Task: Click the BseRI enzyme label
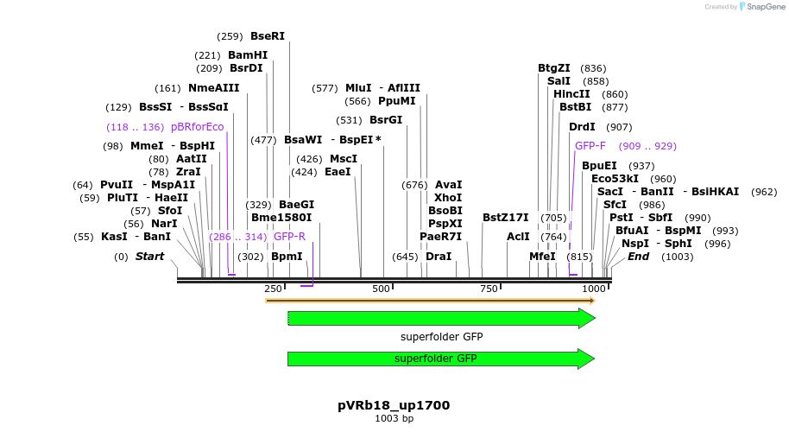click(x=267, y=36)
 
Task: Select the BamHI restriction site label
click(x=248, y=55)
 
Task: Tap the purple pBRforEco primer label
click(x=198, y=127)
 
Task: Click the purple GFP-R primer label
click(x=290, y=237)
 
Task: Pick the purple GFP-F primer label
click(x=590, y=146)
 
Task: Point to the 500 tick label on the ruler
click(x=382, y=289)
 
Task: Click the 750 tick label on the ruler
click(x=489, y=289)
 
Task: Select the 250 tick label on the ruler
click(x=273, y=289)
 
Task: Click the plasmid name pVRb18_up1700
click(x=394, y=405)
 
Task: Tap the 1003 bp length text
click(x=394, y=419)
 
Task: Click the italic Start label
click(x=149, y=257)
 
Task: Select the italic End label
click(x=638, y=257)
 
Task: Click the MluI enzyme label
click(x=358, y=88)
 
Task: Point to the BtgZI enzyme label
click(x=554, y=68)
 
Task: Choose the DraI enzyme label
click(x=439, y=257)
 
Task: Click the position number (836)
click(x=593, y=68)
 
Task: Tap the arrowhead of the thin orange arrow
click(x=591, y=301)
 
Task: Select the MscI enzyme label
click(x=344, y=159)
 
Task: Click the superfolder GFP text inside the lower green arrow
click(x=435, y=359)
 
